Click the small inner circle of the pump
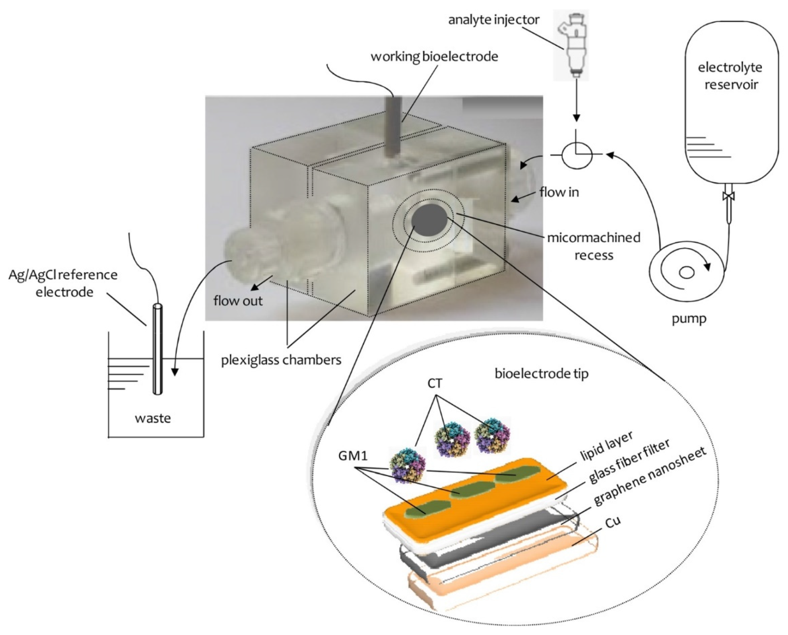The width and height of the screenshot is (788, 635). click(x=687, y=273)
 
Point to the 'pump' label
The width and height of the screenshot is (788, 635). click(x=689, y=319)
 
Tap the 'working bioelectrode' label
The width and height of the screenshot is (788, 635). click(x=434, y=57)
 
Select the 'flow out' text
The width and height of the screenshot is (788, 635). click(x=238, y=301)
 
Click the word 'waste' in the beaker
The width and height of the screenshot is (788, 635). click(x=153, y=418)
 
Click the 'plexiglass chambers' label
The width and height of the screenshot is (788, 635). click(x=281, y=360)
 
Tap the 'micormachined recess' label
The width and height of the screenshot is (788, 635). click(x=593, y=246)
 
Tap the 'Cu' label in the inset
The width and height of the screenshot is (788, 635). click(x=613, y=523)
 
